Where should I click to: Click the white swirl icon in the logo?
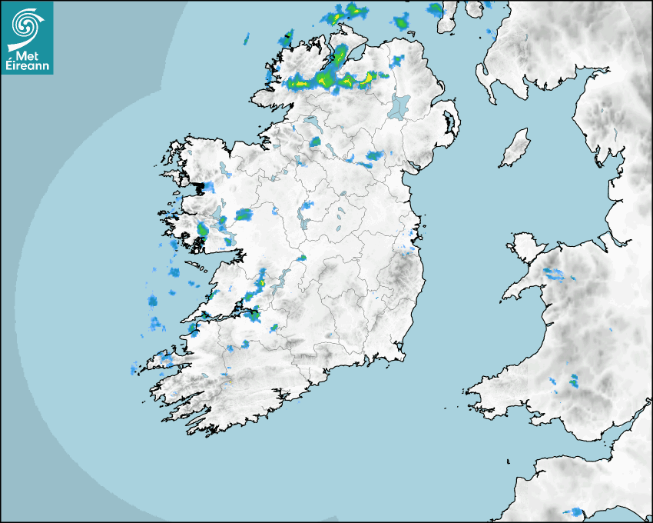coord(25,26)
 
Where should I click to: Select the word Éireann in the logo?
coord(27,66)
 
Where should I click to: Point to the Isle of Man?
coord(515,148)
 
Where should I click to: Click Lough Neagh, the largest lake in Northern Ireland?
coord(399,106)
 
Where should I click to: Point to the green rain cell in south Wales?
coord(573,379)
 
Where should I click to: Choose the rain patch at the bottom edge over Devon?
coord(572,512)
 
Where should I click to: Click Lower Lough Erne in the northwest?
coord(310,122)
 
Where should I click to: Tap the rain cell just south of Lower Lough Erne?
coord(315,142)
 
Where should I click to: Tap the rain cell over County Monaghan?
coord(374,156)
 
